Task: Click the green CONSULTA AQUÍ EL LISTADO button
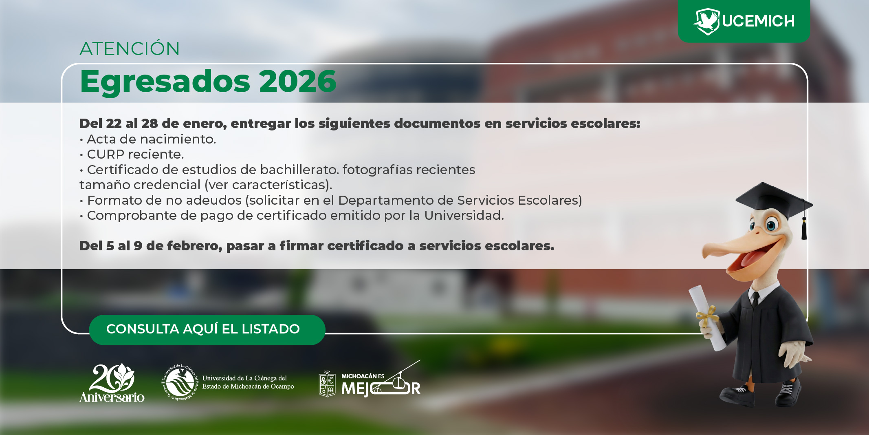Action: (x=207, y=329)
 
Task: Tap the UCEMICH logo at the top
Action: (x=744, y=21)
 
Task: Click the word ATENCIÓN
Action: (x=130, y=49)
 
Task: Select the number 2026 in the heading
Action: (x=297, y=81)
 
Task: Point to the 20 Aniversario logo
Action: (x=112, y=383)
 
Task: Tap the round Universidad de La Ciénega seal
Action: (x=180, y=382)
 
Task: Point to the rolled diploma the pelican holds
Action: (x=707, y=318)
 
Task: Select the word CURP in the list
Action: (x=106, y=155)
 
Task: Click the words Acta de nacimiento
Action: (x=151, y=139)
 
